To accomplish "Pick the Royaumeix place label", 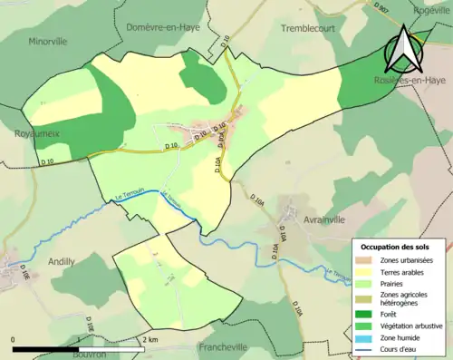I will click(37, 133).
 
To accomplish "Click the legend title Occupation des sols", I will click(397, 247).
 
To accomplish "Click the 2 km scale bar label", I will click(151, 340).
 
